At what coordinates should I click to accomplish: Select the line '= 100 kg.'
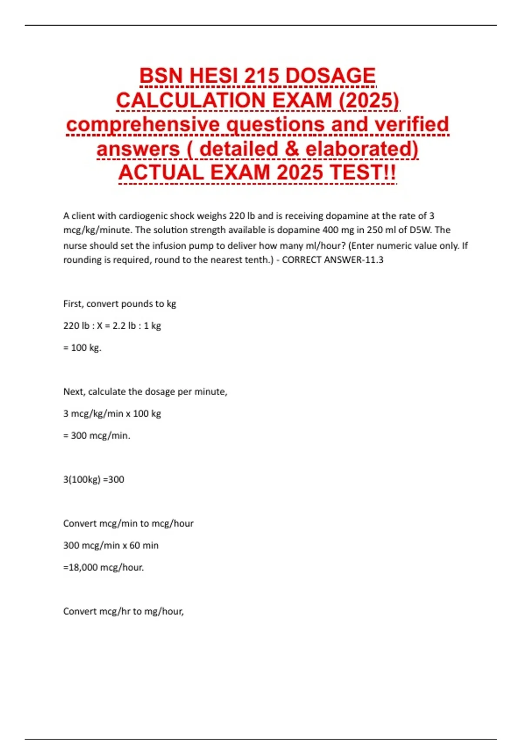pyautogui.click(x=82, y=348)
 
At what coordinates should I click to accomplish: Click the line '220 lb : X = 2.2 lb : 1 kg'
pyautogui.click(x=112, y=326)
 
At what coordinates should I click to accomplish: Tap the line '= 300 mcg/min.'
pyautogui.click(x=97, y=436)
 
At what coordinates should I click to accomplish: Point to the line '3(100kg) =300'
pyautogui.click(x=94, y=480)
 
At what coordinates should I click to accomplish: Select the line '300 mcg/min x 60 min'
pyautogui.click(x=111, y=545)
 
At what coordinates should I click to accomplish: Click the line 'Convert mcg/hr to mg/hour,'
pyautogui.click(x=124, y=612)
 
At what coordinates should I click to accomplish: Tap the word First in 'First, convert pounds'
pyautogui.click(x=73, y=304)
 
